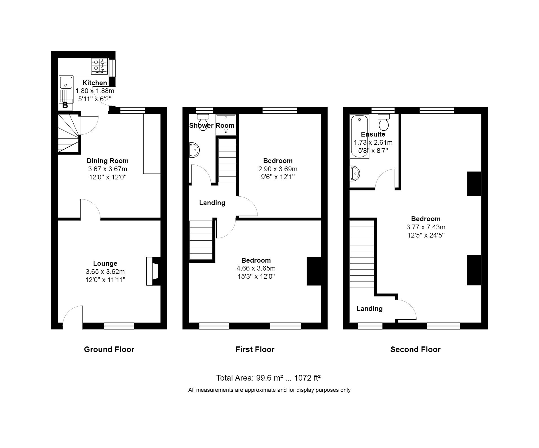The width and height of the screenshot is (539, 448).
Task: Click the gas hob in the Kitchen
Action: (x=99, y=66)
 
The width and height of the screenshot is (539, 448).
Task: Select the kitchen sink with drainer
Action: (x=66, y=89)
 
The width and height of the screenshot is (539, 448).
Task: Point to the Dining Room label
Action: (x=107, y=161)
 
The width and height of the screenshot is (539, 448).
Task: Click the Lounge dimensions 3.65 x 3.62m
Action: (x=105, y=272)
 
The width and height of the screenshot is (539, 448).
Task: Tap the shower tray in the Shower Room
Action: (x=226, y=125)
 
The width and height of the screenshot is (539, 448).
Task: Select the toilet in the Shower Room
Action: (x=203, y=122)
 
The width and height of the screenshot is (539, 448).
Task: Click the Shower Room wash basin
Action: (x=195, y=150)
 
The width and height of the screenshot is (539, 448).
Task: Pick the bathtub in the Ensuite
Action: (x=360, y=137)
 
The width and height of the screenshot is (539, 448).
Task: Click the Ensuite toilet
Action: (x=384, y=122)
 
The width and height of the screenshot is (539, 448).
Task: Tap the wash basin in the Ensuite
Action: (x=355, y=173)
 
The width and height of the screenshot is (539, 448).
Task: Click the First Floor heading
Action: (x=255, y=350)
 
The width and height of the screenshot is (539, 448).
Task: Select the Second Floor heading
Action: (x=415, y=350)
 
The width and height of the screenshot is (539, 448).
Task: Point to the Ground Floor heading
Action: (x=109, y=350)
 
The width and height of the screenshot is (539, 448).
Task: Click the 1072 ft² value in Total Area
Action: (x=307, y=378)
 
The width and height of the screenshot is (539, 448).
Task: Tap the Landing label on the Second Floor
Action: (x=369, y=309)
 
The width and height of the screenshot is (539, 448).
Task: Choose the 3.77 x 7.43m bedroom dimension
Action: (x=426, y=227)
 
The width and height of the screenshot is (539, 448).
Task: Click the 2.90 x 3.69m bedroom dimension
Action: (x=278, y=169)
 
